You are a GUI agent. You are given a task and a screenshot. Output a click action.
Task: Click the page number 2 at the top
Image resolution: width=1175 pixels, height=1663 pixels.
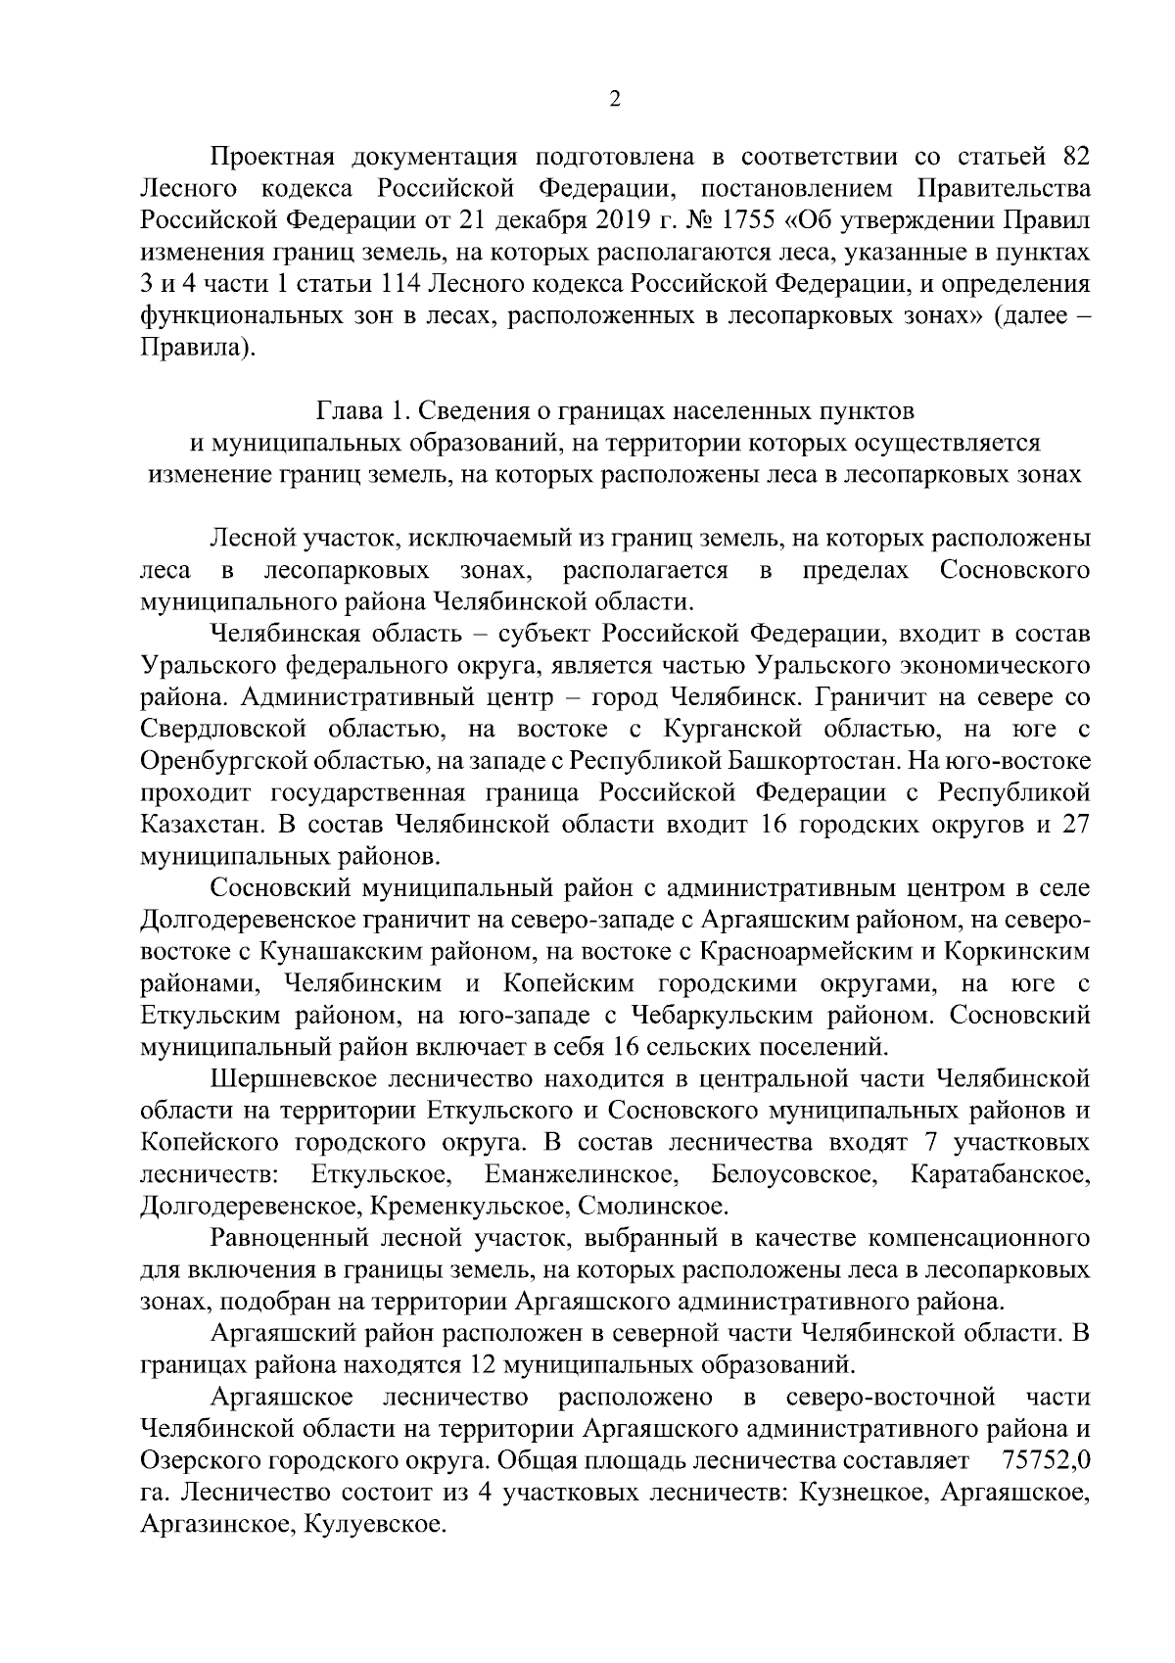click(x=615, y=99)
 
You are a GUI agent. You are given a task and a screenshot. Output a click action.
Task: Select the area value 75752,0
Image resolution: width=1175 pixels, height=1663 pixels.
click(x=1048, y=1459)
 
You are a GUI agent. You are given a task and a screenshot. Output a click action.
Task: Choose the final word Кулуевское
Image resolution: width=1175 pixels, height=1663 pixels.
click(x=375, y=1523)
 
